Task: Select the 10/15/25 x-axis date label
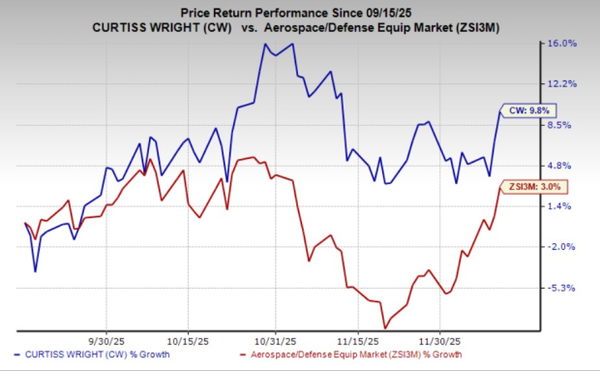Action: pos(187,340)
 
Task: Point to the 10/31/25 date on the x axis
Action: pos(275,340)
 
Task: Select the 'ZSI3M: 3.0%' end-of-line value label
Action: pos(529,186)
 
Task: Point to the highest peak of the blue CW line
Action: pos(264,45)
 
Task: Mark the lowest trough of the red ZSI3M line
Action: pos(385,327)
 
